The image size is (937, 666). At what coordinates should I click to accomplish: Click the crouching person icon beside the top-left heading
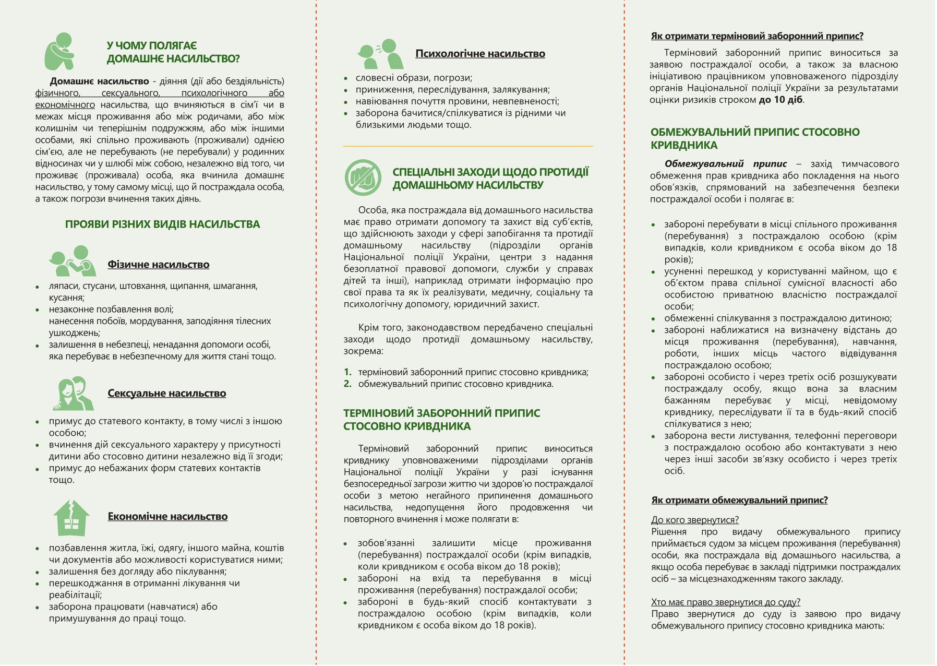(59, 51)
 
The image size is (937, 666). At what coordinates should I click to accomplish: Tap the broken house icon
(71, 518)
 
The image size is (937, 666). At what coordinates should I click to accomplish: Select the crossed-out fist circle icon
(363, 178)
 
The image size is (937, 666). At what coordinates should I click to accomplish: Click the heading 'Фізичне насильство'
(158, 265)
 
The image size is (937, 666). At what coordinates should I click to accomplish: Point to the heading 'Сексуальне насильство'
(166, 393)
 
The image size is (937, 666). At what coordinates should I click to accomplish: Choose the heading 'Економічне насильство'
(167, 516)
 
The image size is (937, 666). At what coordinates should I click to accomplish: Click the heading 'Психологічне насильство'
(480, 53)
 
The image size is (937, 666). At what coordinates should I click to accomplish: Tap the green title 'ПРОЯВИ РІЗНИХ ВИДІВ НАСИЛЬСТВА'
(162, 224)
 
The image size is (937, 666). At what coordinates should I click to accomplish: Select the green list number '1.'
(347, 372)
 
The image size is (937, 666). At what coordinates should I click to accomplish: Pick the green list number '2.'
(347, 384)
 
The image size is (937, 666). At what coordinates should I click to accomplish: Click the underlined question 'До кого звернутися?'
(694, 520)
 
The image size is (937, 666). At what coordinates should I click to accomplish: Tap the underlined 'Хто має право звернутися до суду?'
(725, 602)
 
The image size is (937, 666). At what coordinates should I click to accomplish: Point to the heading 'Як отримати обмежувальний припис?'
(739, 500)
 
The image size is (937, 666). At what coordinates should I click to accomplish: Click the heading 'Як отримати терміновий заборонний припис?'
(756, 36)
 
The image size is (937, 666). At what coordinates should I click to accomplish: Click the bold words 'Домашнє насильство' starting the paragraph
(99, 81)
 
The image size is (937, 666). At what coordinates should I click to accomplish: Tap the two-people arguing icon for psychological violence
(380, 54)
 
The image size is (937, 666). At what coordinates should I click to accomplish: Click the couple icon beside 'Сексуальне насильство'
(73, 393)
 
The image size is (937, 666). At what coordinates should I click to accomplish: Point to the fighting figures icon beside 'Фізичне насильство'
(73, 261)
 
